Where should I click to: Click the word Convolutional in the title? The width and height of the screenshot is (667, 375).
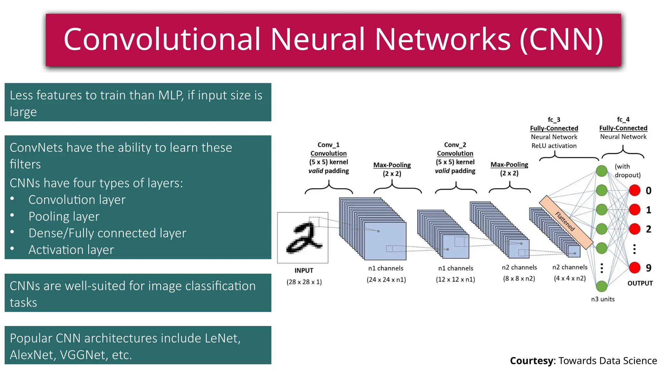(x=162, y=39)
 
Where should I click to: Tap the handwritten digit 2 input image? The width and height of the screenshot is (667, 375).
(x=303, y=238)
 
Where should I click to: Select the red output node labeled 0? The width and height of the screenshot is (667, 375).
(x=634, y=190)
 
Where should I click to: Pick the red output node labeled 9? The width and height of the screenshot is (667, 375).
(x=634, y=268)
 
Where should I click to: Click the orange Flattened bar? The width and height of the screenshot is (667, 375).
(x=566, y=222)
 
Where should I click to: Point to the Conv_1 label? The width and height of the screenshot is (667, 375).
(x=328, y=145)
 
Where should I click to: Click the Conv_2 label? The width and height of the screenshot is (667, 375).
(x=455, y=145)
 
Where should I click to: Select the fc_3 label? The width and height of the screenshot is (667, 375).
(x=554, y=120)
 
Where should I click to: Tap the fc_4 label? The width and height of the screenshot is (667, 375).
(x=623, y=119)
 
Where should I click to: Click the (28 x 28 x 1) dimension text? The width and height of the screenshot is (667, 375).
(x=304, y=282)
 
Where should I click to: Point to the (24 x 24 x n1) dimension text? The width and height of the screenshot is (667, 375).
(x=386, y=280)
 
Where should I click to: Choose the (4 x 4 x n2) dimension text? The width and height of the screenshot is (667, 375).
(x=570, y=278)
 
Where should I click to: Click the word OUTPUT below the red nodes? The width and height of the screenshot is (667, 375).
(x=640, y=283)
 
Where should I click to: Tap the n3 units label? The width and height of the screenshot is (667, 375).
(x=603, y=299)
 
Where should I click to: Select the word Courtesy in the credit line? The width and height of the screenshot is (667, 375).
(x=531, y=361)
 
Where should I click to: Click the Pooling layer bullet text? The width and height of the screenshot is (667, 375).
(x=64, y=216)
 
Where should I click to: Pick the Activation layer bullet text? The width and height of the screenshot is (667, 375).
(x=71, y=250)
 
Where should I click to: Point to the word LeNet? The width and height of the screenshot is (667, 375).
(x=222, y=338)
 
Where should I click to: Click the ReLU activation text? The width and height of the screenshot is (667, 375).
(x=554, y=146)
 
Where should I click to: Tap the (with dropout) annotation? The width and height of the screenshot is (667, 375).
(x=627, y=171)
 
